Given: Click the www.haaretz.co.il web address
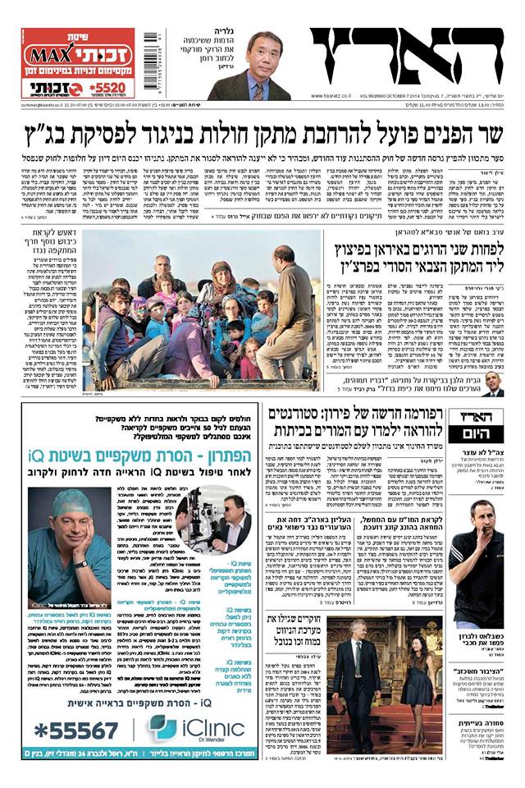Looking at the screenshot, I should (336, 96).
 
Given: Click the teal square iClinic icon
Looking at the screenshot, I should (162, 728).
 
